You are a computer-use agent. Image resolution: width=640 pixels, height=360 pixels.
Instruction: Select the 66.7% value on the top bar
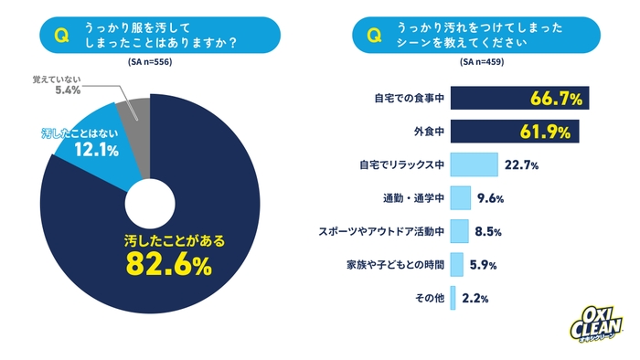(x=556, y=98)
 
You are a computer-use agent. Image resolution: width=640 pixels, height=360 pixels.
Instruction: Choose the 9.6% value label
(x=490, y=198)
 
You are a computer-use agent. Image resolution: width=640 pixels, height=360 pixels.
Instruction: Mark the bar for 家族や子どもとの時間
(x=457, y=265)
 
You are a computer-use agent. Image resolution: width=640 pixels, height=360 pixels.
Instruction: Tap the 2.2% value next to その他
(x=473, y=298)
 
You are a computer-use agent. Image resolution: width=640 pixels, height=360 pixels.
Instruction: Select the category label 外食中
(x=428, y=132)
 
